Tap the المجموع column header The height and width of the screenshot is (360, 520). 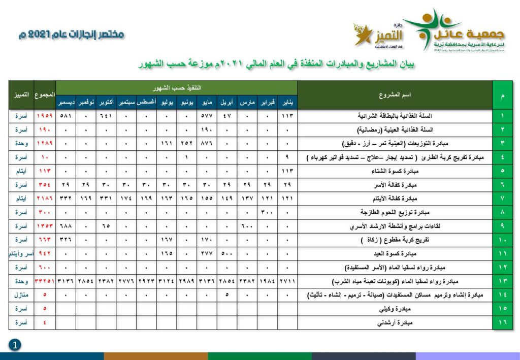tap(45, 95)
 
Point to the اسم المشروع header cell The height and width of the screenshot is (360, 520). tap(395, 95)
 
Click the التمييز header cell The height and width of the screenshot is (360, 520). tap(21, 95)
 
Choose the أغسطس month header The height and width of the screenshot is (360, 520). tap(146, 102)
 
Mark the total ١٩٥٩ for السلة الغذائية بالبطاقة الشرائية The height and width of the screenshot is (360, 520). tap(45, 116)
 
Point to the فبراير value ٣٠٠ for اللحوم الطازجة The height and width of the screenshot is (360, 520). tap(267, 212)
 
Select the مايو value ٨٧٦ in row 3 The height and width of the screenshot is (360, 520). tap(207, 143)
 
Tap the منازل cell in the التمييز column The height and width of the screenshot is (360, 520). tap(21, 294)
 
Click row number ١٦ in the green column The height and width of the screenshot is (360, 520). tap(502, 322)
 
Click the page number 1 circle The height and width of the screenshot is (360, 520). tap(15, 345)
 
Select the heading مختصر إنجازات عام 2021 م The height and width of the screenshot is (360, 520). tap(71, 35)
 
